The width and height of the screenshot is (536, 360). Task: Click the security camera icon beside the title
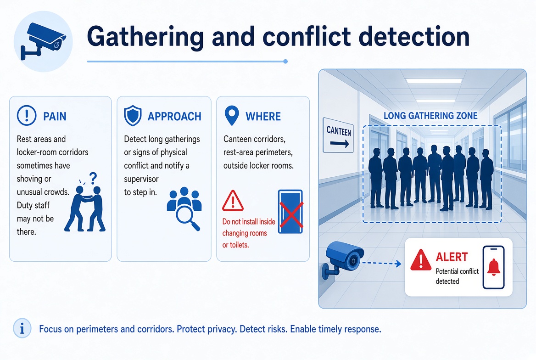point(43,41)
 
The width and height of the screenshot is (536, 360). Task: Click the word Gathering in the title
point(145,37)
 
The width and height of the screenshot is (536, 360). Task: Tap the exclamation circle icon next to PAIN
point(27,115)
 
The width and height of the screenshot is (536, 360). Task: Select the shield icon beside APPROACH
point(133,116)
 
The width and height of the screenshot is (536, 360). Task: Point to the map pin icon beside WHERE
point(232,115)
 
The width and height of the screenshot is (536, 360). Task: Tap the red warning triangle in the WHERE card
point(233,201)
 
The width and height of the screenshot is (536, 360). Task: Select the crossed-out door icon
point(290,212)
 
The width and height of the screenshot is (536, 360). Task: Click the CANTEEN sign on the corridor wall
point(338,135)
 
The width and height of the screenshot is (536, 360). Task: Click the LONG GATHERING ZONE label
point(430,116)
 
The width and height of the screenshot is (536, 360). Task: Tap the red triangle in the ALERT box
point(421,260)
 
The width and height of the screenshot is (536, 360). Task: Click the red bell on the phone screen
point(494,267)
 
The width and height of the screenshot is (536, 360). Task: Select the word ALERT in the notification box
point(452,257)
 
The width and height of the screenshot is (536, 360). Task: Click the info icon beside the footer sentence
point(22,328)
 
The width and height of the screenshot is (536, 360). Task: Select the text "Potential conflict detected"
point(457,276)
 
